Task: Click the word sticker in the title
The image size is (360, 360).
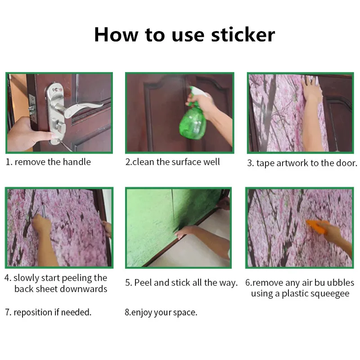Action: [x=243, y=35]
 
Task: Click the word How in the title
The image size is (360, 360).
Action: [x=117, y=35]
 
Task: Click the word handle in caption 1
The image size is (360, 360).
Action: [x=76, y=162]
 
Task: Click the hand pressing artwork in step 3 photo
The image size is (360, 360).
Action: [x=311, y=88]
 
